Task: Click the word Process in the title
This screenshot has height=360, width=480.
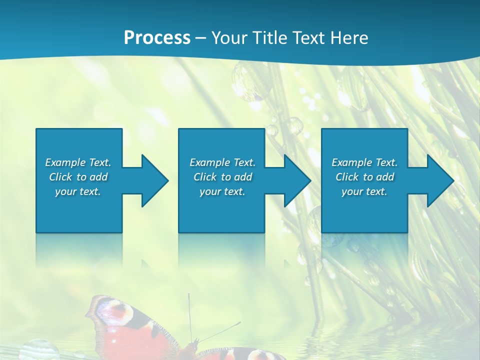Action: [157, 38]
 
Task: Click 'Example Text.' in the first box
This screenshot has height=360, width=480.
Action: [78, 162]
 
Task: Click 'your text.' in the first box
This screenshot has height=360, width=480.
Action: [78, 191]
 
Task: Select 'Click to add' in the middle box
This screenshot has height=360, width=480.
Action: [222, 177]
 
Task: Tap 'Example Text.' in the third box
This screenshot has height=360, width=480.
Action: [364, 162]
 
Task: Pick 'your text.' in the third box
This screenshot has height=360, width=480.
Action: [364, 191]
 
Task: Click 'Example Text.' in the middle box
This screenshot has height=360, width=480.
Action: [222, 162]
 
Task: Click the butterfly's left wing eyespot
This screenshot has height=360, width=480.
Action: [112, 310]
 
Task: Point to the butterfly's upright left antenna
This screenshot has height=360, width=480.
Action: [189, 315]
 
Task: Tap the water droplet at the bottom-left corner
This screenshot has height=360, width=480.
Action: [39, 350]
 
